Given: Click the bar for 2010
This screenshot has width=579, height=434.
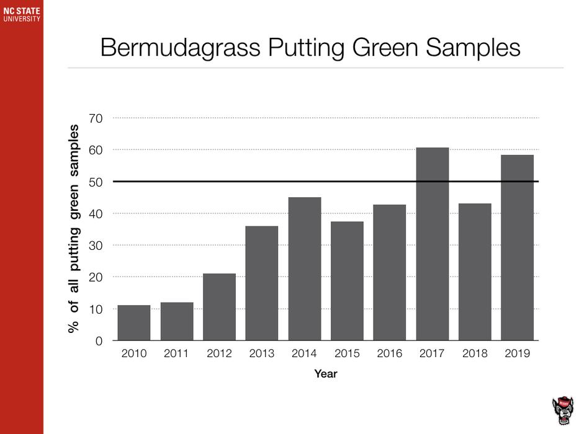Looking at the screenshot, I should [134, 322].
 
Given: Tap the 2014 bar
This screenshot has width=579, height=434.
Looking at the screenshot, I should [305, 268].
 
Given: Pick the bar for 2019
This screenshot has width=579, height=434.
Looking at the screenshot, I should [518, 247].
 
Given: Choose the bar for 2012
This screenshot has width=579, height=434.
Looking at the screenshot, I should [219, 306].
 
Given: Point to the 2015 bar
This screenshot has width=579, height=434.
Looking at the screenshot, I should [347, 281].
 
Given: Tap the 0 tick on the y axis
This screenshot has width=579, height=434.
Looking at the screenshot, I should [99, 341].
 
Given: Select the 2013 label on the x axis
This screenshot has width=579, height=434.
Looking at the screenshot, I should [262, 354].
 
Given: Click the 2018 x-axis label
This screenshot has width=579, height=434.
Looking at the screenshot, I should [475, 354].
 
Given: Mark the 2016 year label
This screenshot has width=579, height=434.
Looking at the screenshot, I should [390, 354].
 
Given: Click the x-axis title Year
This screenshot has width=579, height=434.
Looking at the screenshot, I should [326, 374].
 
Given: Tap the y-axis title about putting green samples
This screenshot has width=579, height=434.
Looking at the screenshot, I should [74, 229].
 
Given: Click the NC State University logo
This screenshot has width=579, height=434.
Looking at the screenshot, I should [22, 14].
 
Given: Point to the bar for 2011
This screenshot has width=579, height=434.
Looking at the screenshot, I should [177, 321].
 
